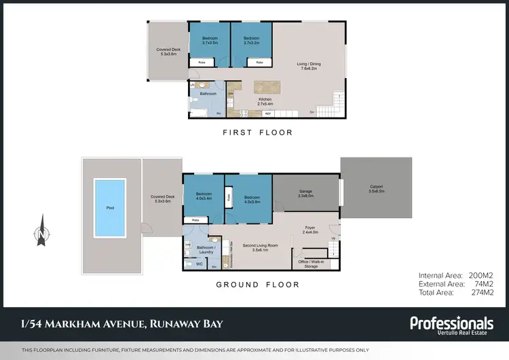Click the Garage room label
(305, 193)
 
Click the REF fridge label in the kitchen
(268, 113)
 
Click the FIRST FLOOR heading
(258, 133)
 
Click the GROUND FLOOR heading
(257, 285)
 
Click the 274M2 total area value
(480, 292)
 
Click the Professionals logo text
(451, 323)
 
